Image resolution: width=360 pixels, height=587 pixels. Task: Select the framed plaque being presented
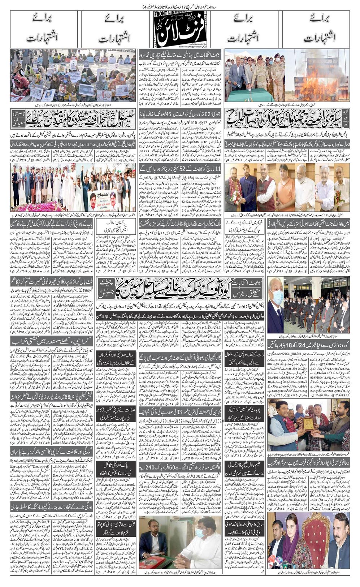click(x=308, y=423)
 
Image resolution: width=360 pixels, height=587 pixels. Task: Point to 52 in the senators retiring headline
click(x=188, y=169)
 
